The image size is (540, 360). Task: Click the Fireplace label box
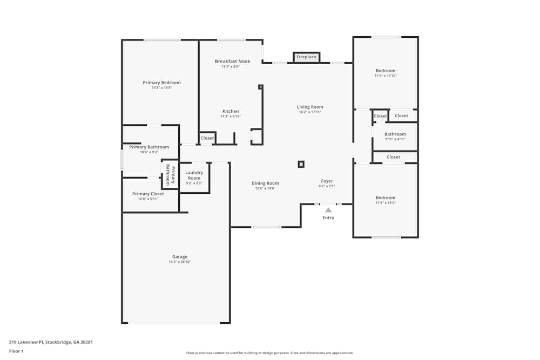pos(306,57)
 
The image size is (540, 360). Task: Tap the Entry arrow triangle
pos(328,210)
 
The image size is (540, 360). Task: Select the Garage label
pos(180,257)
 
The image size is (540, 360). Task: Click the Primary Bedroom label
pos(161,83)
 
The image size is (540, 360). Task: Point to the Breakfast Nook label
pos(232,62)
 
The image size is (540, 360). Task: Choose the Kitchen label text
pos(231,111)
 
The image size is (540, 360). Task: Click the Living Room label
pos(310,107)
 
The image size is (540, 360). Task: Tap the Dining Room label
pos(265,183)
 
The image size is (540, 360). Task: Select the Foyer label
pos(327,181)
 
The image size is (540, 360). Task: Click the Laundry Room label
pos(194,175)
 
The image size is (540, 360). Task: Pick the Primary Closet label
pos(148,194)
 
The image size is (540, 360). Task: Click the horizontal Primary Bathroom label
pos(149,147)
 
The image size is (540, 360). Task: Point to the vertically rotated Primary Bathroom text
pos(170,175)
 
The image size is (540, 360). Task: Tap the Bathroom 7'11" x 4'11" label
pos(395,134)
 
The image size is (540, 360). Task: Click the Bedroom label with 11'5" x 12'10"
pos(386,71)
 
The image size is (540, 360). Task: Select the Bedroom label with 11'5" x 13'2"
pos(386,198)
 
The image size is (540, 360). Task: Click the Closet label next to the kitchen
pos(207,138)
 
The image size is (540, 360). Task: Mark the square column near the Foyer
pos(301,164)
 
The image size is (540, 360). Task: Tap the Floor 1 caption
pos(16,351)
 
